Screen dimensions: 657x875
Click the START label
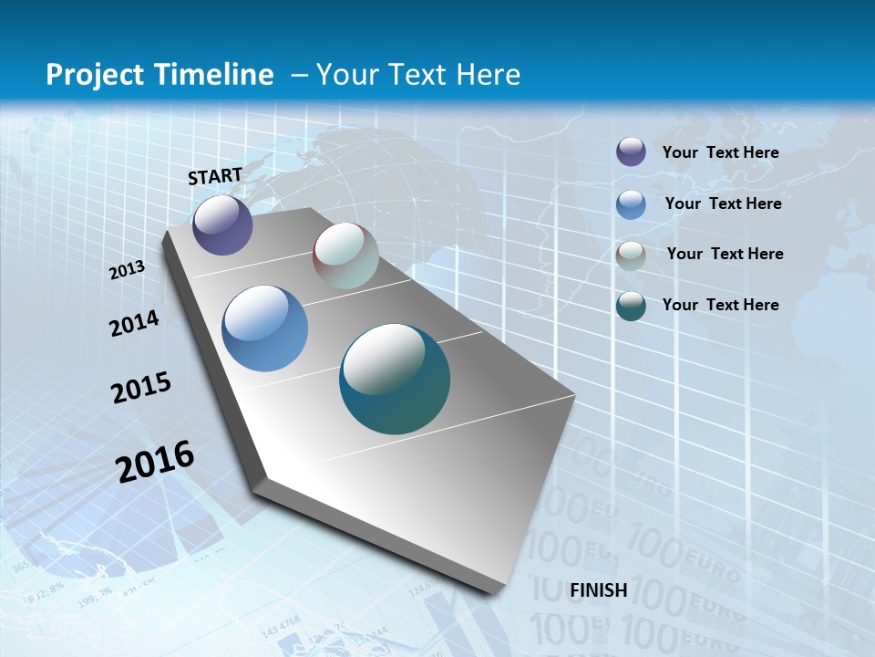pyautogui.click(x=215, y=175)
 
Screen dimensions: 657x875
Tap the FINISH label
pyautogui.click(x=598, y=589)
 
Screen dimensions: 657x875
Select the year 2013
pyautogui.click(x=128, y=269)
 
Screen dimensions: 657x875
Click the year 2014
pyautogui.click(x=134, y=323)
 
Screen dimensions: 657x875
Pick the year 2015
pyautogui.click(x=141, y=388)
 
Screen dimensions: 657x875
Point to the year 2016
pyautogui.click(x=155, y=461)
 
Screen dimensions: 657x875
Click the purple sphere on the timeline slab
pyautogui.click(x=222, y=224)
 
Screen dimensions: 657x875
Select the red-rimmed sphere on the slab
pyautogui.click(x=345, y=255)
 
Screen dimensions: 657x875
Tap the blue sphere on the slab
pyautogui.click(x=265, y=328)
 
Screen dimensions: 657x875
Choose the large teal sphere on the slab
pyautogui.click(x=395, y=379)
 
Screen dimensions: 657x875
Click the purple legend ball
pyautogui.click(x=631, y=151)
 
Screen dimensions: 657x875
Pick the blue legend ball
pyautogui.click(x=631, y=204)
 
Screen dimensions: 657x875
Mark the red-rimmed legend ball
pyautogui.click(x=631, y=255)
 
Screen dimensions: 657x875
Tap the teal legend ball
pyautogui.click(x=631, y=306)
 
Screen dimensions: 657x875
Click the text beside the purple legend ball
pyautogui.click(x=720, y=152)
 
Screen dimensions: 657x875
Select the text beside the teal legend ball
pyautogui.click(x=720, y=305)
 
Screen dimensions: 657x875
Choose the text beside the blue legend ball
pyautogui.click(x=723, y=203)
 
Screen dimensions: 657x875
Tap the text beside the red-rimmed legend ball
pyautogui.click(x=725, y=254)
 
